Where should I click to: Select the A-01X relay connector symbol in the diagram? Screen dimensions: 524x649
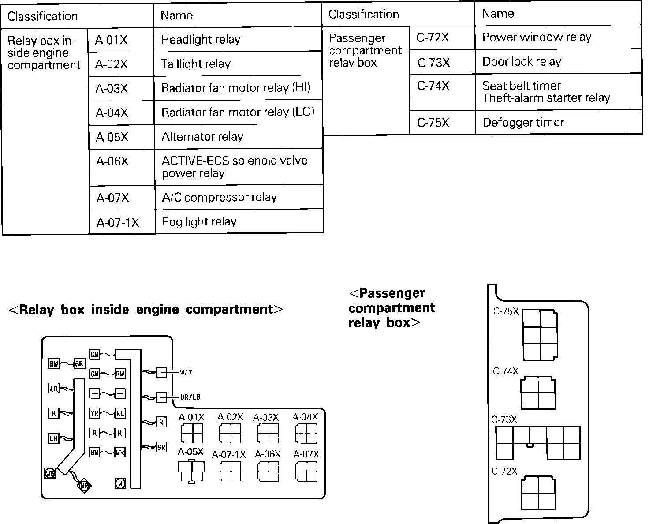pyautogui.click(x=192, y=433)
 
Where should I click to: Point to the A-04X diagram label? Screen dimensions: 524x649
pyautogui.click(x=305, y=417)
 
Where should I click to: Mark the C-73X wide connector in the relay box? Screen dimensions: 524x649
pyautogui.click(x=538, y=443)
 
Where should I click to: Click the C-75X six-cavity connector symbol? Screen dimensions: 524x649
pyautogui.click(x=540, y=335)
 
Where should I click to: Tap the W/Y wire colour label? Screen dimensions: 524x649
pyautogui.click(x=186, y=372)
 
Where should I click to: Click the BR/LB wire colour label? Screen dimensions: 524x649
pyautogui.click(x=190, y=397)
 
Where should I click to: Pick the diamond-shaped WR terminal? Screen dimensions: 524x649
pyautogui.click(x=84, y=486)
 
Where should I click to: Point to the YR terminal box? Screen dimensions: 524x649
pyautogui.click(x=94, y=413)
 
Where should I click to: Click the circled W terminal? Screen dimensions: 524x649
pyautogui.click(x=120, y=483)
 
